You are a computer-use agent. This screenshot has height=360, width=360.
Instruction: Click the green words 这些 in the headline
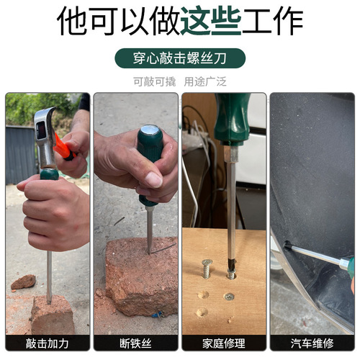coord(210,22)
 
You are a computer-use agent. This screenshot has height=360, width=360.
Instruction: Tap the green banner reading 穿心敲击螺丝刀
coord(179,58)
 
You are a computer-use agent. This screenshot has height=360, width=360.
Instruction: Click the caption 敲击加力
coord(48,343)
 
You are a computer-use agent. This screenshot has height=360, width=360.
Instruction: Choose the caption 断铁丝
coord(135,343)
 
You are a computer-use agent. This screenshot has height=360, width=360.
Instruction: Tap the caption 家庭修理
coord(223,343)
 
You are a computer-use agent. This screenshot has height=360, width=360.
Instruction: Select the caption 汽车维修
coord(311,343)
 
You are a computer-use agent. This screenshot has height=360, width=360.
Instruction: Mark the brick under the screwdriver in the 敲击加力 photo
coord(52,314)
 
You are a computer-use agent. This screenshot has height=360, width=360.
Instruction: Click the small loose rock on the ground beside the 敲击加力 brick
coord(23,282)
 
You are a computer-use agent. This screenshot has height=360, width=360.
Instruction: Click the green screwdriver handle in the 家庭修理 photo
coord(232,119)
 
